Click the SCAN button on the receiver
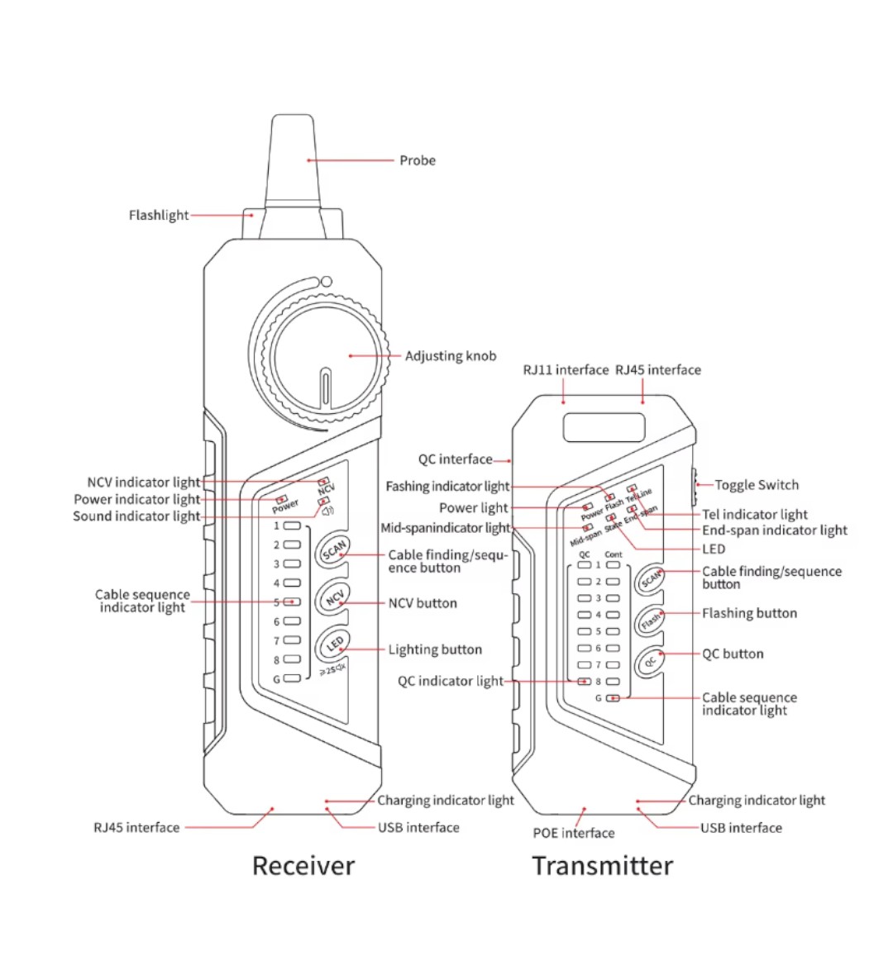[x=335, y=549]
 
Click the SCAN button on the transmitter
[x=652, y=578]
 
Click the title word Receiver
[x=303, y=865]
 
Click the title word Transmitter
[x=602, y=865]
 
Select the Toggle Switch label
[x=757, y=485]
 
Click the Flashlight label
[x=159, y=216]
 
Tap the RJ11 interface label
[x=566, y=370]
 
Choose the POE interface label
[x=573, y=833]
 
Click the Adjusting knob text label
[x=451, y=356]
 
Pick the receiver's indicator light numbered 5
[x=292, y=602]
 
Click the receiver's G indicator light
[x=292, y=679]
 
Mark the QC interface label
[x=455, y=459]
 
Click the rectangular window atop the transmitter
[x=604, y=428]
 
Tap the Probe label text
[x=418, y=160]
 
